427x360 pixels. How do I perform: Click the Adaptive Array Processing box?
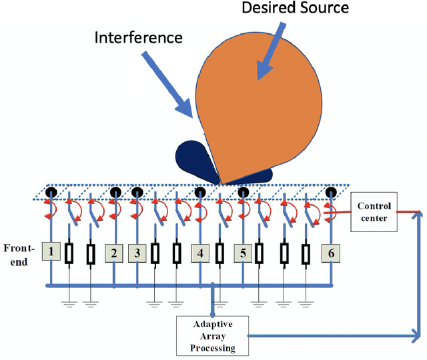pos(212,335)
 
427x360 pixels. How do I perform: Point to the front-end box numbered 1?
pos(51,251)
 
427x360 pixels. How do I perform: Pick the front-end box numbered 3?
pos(136,252)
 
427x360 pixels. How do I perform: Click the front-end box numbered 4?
pos(200,253)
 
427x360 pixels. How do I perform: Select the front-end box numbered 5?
pos(244,253)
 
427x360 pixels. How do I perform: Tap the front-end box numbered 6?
pos(330,253)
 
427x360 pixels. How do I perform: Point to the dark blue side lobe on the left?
pos(193,160)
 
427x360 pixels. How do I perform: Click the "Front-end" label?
pos(19,254)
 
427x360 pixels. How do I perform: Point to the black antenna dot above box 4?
pos(200,193)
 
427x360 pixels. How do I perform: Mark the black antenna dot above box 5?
pos(244,193)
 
